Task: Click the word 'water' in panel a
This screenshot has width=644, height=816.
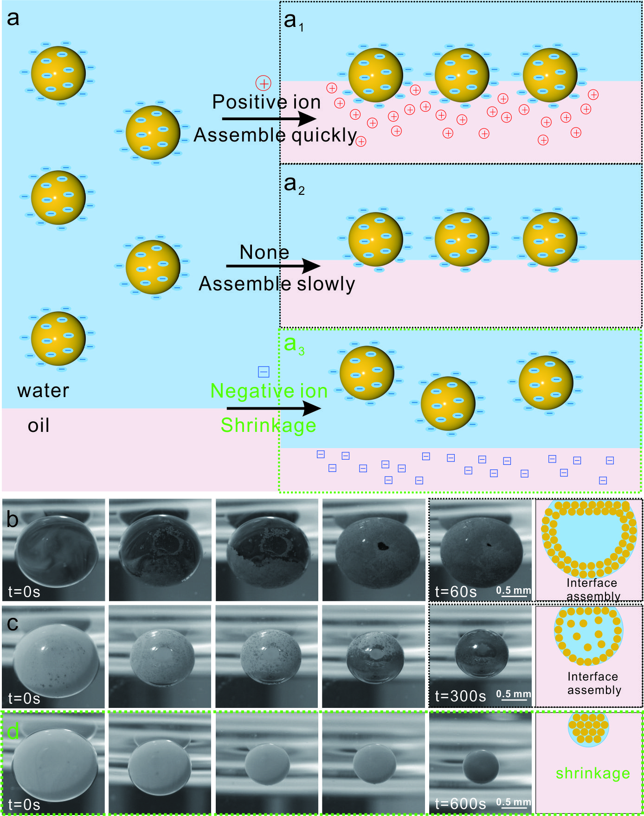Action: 43,391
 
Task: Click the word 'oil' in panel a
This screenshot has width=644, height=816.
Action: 39,425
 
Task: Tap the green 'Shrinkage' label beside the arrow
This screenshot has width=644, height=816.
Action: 268,425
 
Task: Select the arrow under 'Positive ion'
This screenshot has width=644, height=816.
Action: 269,119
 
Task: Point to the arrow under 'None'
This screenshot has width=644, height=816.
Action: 273,266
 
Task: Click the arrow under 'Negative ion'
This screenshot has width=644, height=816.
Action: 273,408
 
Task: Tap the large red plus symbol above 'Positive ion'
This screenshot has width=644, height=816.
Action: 264,84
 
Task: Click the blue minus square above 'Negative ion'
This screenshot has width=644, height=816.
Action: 264,372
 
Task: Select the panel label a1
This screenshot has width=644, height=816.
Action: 294,21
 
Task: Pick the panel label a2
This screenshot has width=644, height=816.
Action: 294,185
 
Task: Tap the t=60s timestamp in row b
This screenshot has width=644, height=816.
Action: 456,592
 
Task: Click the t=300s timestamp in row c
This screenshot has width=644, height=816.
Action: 460,696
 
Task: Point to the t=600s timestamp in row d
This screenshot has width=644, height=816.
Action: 460,803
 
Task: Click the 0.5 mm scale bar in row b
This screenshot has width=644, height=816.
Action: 514,592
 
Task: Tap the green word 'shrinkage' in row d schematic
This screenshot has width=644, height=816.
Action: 592,773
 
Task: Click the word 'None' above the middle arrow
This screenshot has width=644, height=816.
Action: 264,252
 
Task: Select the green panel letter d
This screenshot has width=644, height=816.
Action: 13,732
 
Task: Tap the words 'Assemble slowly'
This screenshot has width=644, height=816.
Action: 277,283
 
